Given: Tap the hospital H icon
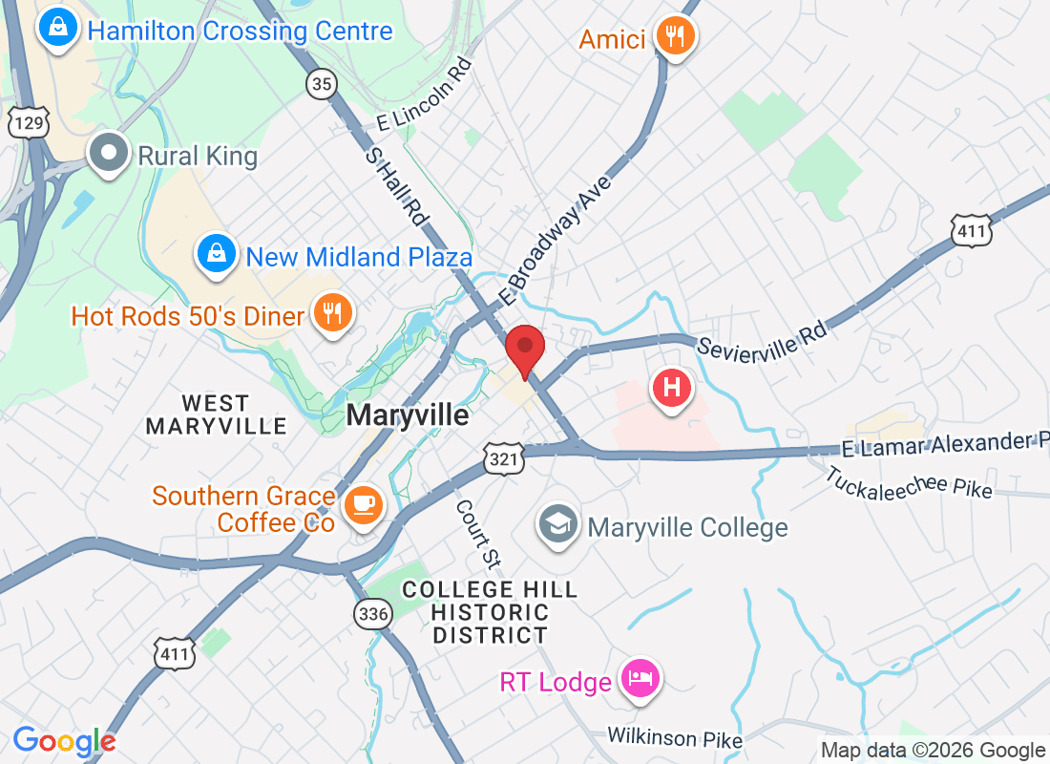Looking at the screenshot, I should click(x=671, y=388).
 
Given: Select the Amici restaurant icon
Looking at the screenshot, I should click(x=676, y=37).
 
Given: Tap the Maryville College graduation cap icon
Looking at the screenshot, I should click(x=558, y=524).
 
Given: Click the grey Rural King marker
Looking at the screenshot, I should click(x=108, y=152).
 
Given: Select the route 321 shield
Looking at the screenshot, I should click(x=504, y=459).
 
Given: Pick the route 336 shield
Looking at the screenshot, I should click(x=373, y=614).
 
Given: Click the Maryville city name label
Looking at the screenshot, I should click(x=408, y=415).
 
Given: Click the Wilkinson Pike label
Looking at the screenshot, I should click(x=675, y=737).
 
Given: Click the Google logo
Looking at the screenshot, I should click(x=64, y=740).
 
